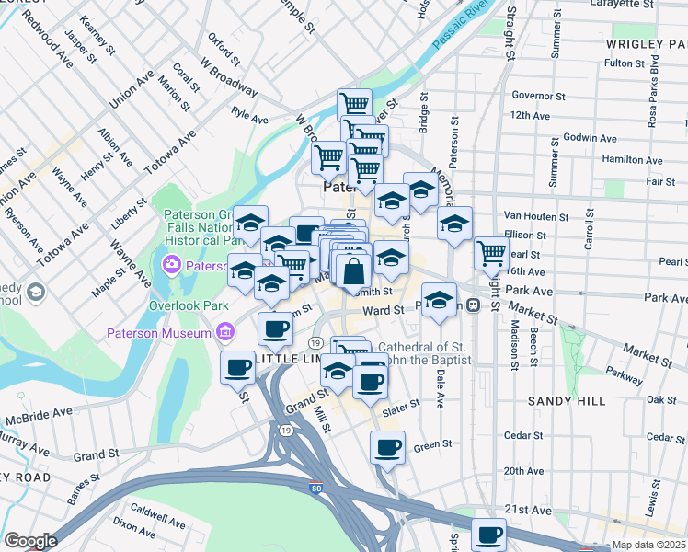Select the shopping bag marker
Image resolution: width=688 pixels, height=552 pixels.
pos(354,271)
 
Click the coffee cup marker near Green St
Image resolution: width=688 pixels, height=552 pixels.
pos(387,448)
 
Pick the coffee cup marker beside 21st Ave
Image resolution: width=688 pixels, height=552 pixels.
pos(488,534)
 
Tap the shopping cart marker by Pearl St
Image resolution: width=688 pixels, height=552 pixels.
pos(492,252)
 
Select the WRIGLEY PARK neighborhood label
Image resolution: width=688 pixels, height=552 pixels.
pos(647,44)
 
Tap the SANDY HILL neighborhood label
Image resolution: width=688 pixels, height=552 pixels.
pos(566,401)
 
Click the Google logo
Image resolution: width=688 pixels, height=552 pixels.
pos(30,541)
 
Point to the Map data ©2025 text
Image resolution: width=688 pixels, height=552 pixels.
pos(649,545)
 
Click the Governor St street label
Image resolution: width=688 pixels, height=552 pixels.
pos(538,95)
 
